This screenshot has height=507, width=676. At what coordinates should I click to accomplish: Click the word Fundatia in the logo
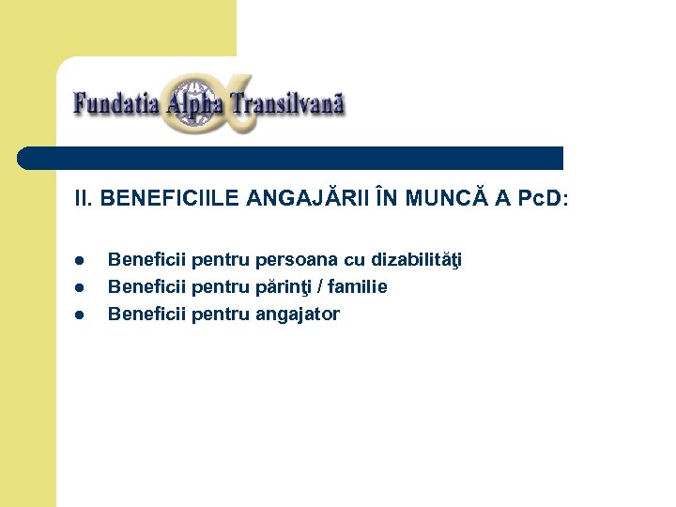click(115, 102)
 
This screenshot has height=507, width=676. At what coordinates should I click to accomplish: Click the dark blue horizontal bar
click(291, 158)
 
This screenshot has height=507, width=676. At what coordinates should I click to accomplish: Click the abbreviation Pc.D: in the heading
click(541, 199)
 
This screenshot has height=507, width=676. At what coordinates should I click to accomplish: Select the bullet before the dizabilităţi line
click(81, 260)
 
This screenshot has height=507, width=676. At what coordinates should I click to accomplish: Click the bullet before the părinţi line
click(81, 287)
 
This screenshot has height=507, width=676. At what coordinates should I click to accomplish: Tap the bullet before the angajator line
click(81, 315)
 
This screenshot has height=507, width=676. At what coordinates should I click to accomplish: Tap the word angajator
click(297, 315)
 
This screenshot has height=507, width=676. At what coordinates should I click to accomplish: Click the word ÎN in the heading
click(386, 199)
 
